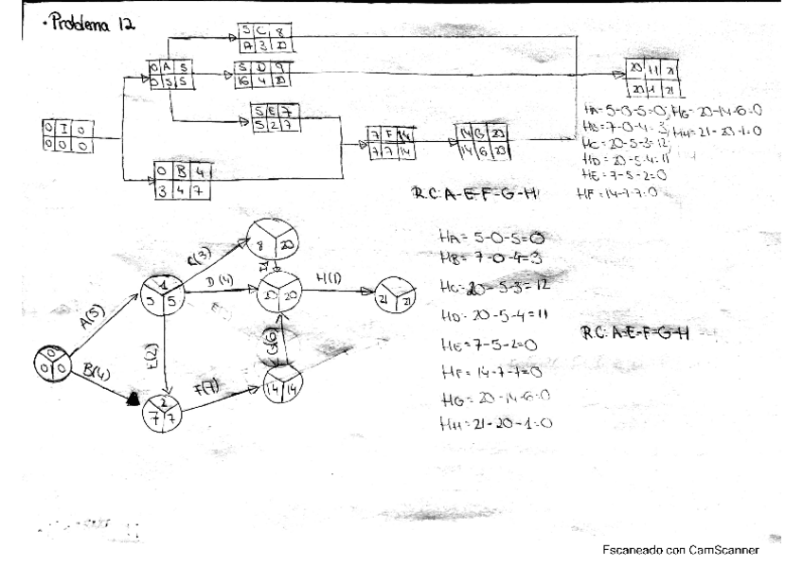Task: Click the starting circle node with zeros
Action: click(51, 362)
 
